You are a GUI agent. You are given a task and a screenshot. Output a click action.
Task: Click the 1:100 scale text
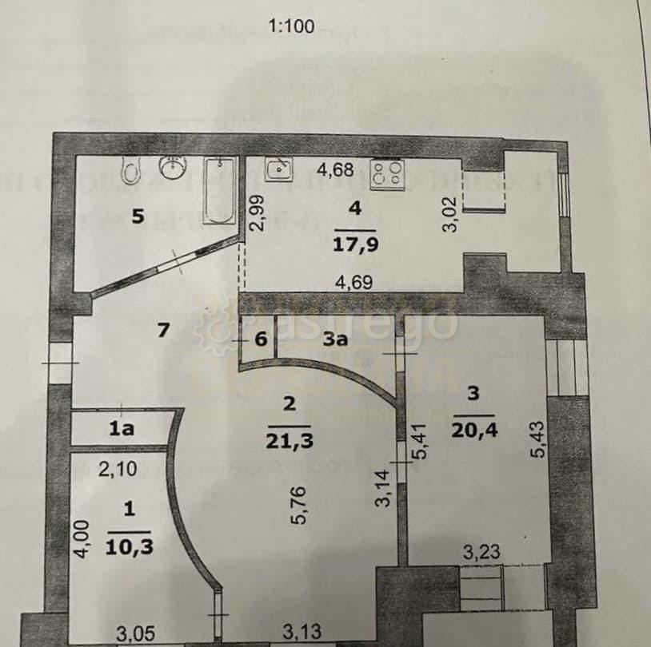click(x=292, y=26)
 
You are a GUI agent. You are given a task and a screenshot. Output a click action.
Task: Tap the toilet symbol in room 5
click(x=130, y=169)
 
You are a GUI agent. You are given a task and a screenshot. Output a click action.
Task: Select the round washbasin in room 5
click(x=173, y=168)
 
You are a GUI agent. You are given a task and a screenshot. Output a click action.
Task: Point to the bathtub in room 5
click(x=218, y=192)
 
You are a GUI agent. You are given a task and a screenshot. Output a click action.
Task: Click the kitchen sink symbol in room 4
click(x=279, y=169)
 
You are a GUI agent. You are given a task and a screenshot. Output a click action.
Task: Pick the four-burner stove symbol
click(x=389, y=174)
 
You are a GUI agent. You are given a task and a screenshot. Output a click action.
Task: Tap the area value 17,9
click(x=354, y=240)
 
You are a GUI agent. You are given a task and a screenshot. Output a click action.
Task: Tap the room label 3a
click(x=334, y=339)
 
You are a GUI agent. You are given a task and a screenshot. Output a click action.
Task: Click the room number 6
click(x=260, y=339)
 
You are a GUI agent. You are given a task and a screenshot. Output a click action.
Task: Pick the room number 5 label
click(x=138, y=217)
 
